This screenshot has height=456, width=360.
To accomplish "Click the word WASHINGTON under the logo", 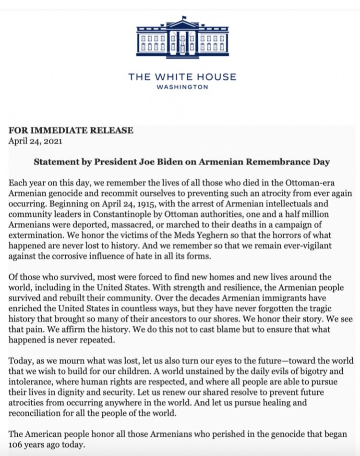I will (182, 87).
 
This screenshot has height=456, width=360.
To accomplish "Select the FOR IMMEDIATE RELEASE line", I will (71, 131).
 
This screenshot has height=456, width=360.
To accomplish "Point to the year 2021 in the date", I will (52, 141).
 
